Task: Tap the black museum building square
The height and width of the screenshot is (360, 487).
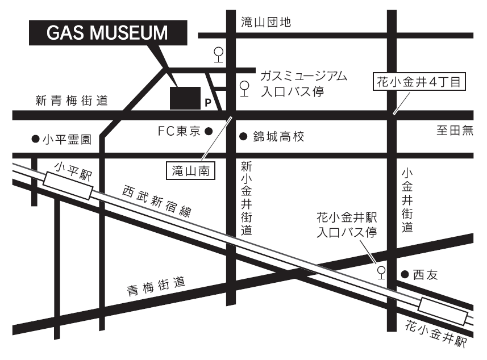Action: (185, 97)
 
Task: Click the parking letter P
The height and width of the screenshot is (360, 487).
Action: (207, 103)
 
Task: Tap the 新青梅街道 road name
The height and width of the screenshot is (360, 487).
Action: (72, 101)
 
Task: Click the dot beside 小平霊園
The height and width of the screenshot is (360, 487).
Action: (35, 139)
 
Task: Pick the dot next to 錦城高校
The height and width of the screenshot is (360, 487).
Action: (243, 136)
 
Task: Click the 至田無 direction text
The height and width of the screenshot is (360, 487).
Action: (455, 131)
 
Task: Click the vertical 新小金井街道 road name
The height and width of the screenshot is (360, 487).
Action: (246, 198)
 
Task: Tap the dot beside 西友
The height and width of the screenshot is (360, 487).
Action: (405, 274)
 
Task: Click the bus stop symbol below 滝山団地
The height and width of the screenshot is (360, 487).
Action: (218, 54)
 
